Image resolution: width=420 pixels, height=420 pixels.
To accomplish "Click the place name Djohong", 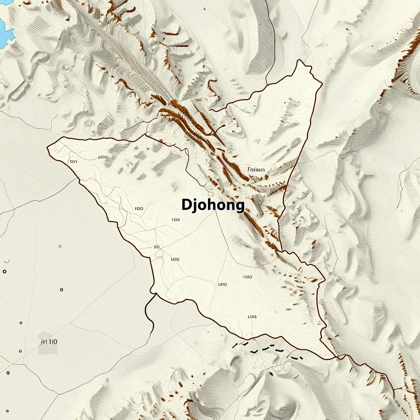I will click(213, 205).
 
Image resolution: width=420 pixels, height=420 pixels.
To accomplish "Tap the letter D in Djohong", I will click(186, 205).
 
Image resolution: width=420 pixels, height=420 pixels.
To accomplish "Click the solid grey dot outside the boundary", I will click(60, 247).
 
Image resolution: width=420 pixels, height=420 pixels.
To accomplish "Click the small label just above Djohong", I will click(256, 169).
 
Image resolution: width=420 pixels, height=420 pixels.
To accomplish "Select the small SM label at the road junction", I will click(156, 247).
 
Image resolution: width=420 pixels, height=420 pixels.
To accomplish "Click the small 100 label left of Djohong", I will click(139, 209).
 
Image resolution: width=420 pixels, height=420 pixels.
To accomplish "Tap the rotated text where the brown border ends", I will click(399, 404).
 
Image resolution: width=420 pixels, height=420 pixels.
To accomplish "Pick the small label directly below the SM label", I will click(175, 259).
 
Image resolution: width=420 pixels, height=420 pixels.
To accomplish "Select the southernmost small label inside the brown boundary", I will click(252, 317).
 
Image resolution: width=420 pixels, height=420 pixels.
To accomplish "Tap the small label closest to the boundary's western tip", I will click(73, 162).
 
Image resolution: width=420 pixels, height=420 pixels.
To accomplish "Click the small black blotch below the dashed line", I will click(271, 374).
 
